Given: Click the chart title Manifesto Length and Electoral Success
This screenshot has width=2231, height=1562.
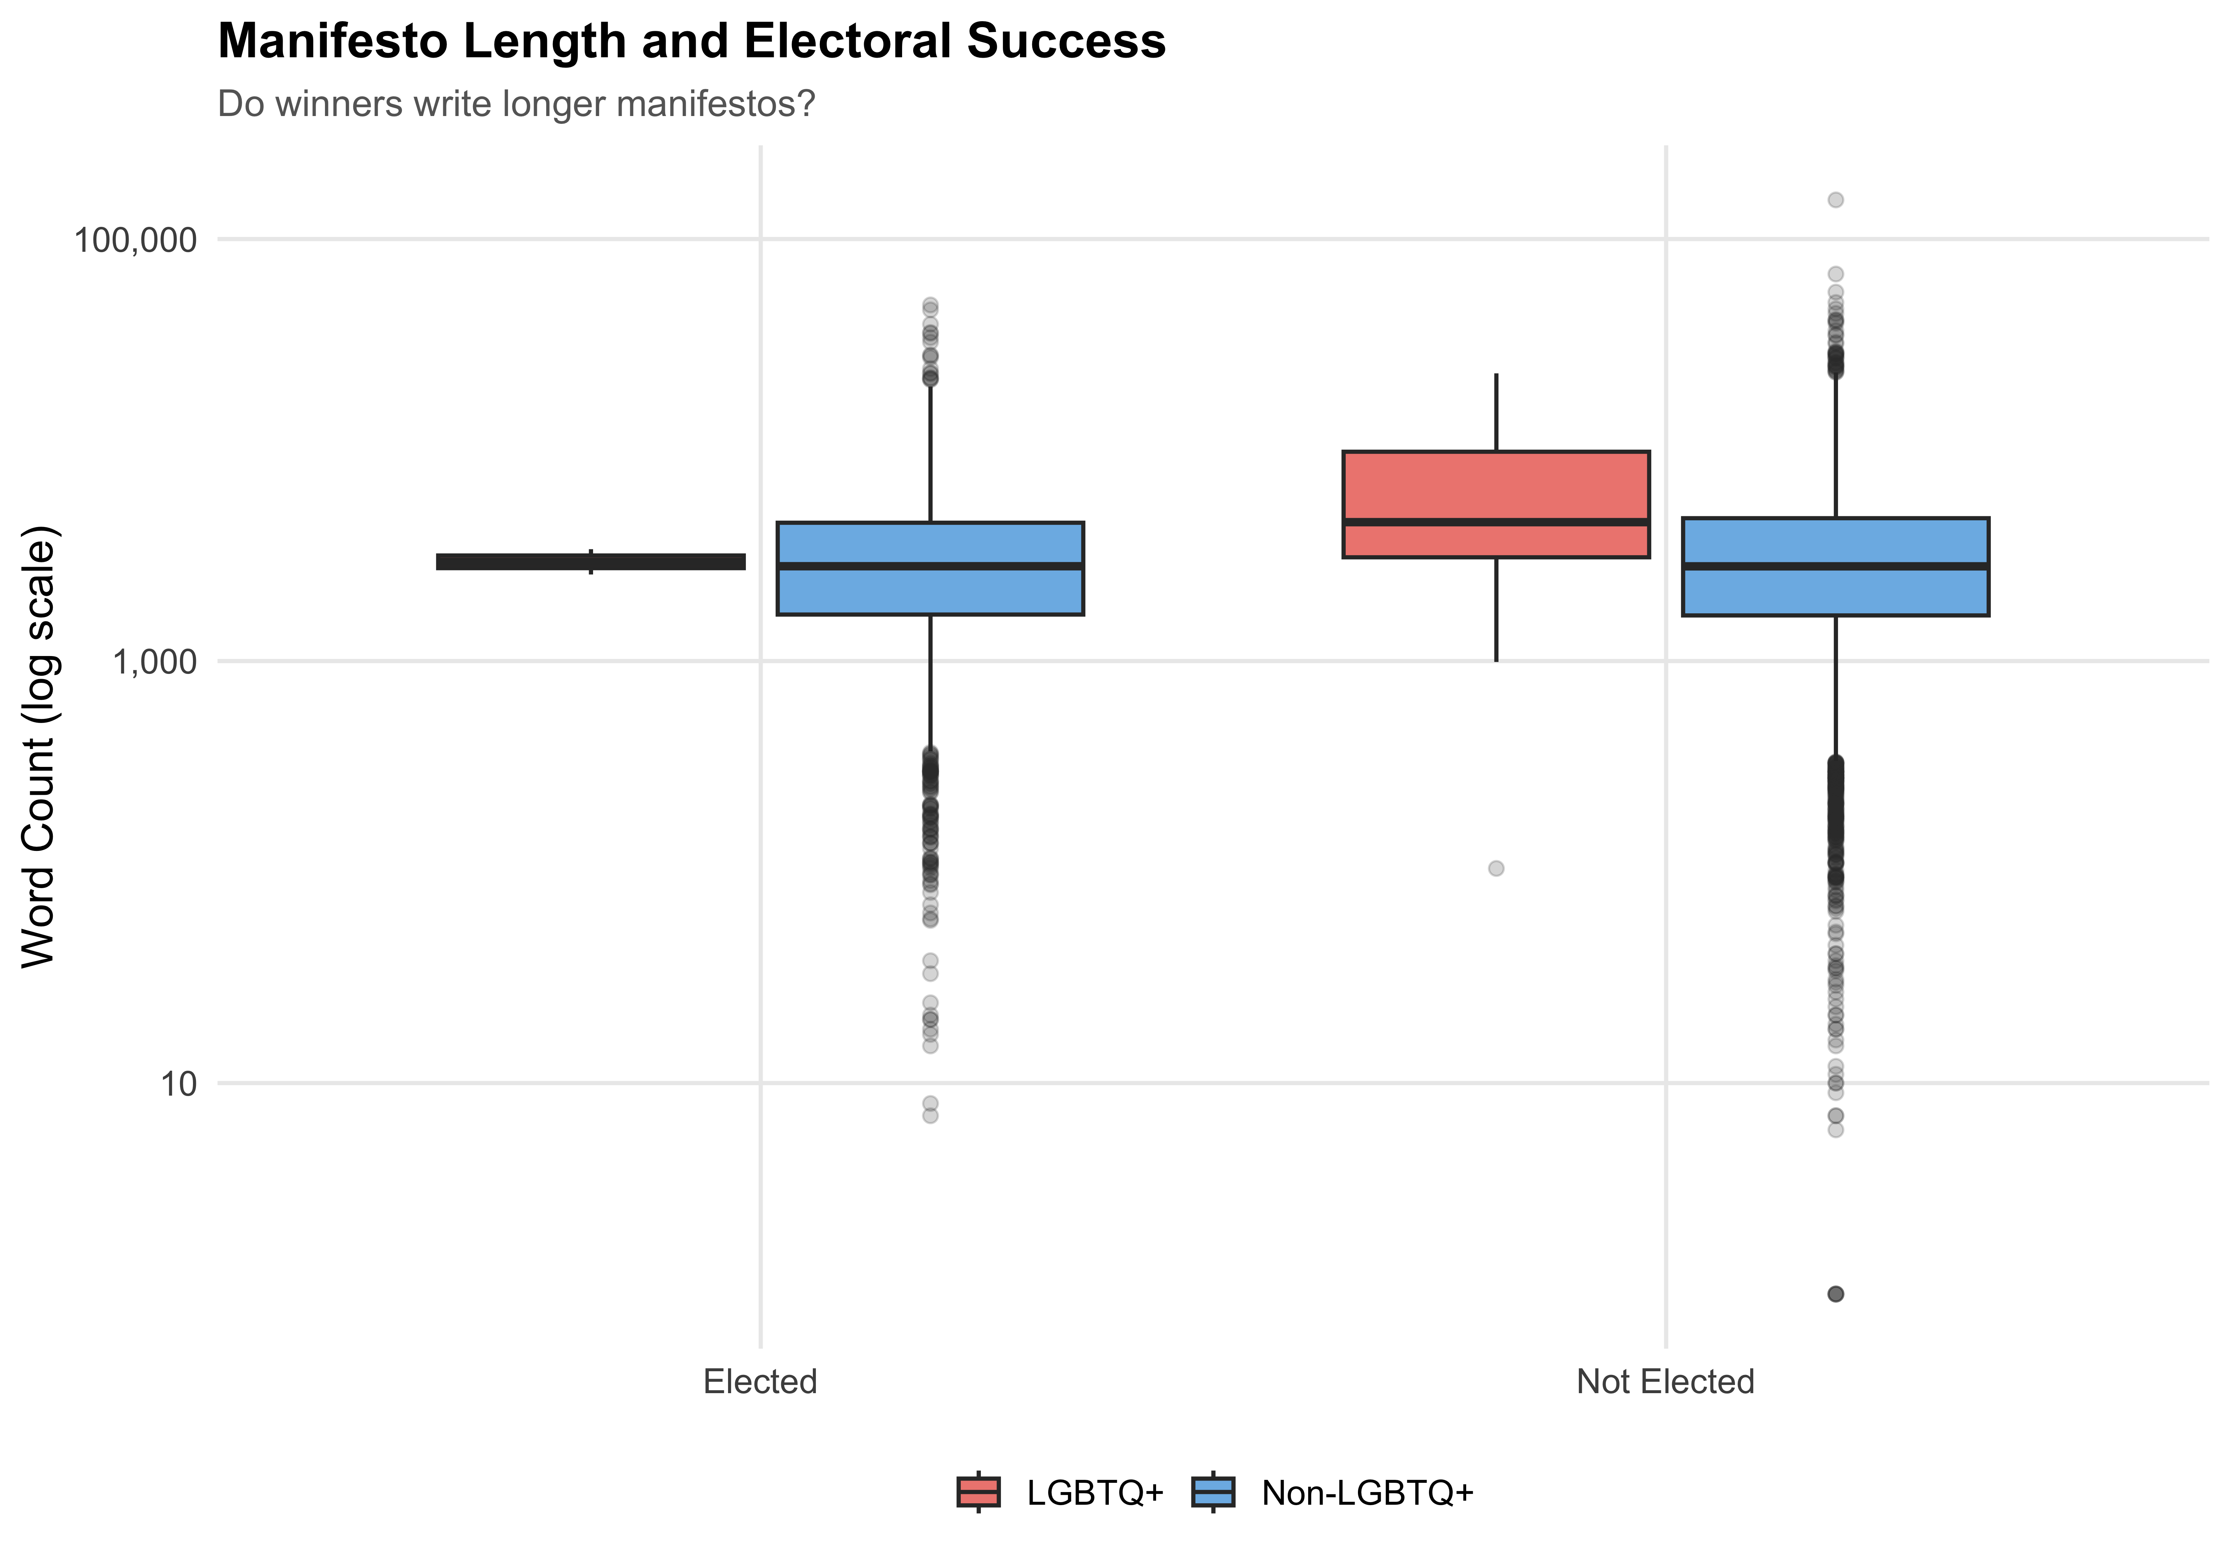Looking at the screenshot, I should [x=691, y=42].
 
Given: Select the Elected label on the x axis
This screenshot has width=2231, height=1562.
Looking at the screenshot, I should [x=760, y=1381].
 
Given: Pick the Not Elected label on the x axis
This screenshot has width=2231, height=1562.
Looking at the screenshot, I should [x=1664, y=1381].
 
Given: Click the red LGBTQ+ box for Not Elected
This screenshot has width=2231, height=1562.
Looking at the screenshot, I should [x=1496, y=486].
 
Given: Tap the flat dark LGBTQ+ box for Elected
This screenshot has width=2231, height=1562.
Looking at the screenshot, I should [x=591, y=562].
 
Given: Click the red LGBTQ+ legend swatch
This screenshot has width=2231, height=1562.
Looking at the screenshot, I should [x=978, y=1492].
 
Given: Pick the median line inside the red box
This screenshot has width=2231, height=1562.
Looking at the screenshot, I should [x=1496, y=522].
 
